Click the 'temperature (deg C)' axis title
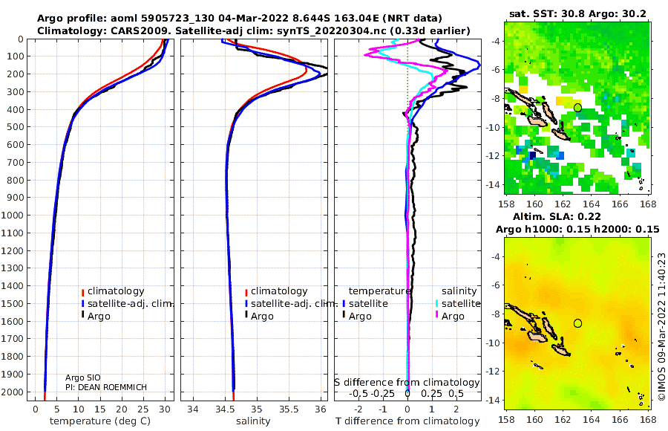tap(100, 421)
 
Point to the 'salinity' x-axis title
tap(253, 421)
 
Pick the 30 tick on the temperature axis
tap(165, 409)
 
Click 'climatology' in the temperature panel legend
tap(116, 291)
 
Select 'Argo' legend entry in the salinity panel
tap(262, 317)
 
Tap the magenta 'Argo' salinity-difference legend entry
tap(453, 317)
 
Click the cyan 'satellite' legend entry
tap(461, 303)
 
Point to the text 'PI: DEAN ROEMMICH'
tap(106, 387)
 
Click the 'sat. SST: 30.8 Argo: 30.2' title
tap(577, 13)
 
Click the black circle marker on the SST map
tap(577, 108)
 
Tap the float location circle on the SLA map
tap(577, 323)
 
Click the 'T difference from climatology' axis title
tap(407, 421)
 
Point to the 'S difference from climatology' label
tap(407, 383)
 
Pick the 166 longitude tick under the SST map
tap(620, 204)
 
